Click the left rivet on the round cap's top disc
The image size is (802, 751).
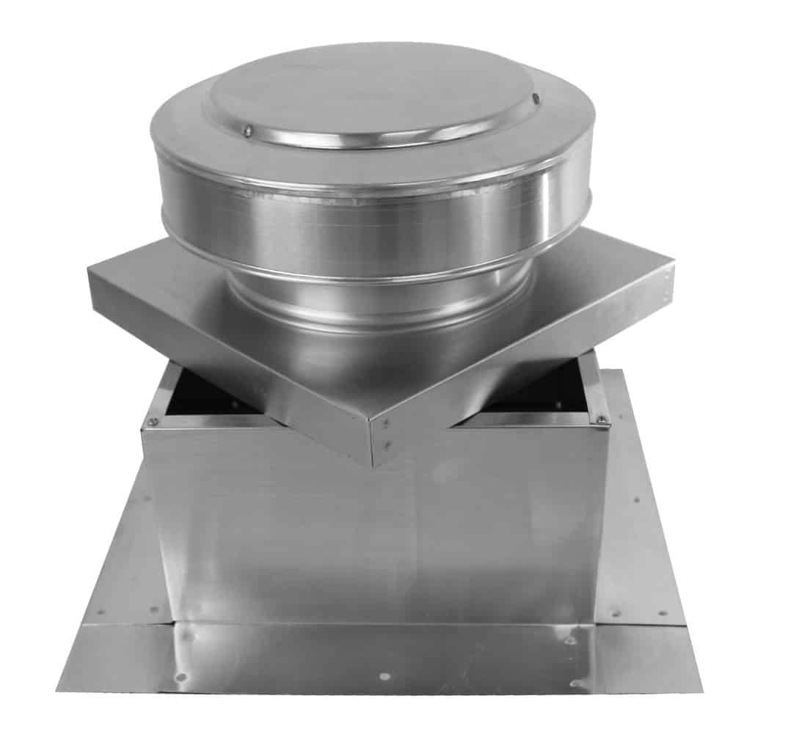point(249,131)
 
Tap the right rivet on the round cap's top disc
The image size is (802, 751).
point(536,98)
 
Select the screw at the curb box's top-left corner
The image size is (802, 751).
point(153,421)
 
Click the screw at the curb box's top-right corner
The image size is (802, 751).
point(601,420)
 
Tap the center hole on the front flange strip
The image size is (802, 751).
point(382,675)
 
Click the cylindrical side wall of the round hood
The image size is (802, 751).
point(374,220)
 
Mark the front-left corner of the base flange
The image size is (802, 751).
point(59,689)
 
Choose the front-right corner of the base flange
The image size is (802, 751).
point(701,691)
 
